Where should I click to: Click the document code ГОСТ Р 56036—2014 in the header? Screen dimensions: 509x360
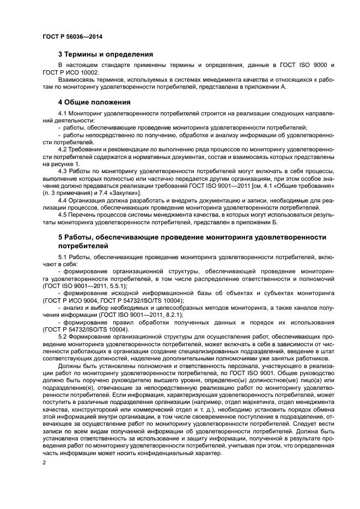coord(72,36)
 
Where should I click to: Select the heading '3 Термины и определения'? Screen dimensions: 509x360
coord(105,54)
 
